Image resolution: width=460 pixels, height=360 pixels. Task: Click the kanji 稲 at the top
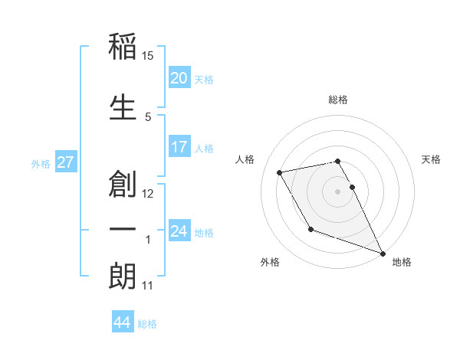point(123,47)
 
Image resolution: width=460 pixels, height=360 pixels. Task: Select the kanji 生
point(123,106)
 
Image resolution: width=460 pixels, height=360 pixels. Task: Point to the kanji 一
point(123,230)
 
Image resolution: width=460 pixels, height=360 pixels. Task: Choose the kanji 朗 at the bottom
point(123,277)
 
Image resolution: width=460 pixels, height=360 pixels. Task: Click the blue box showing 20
point(179,78)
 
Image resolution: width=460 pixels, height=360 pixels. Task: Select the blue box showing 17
point(179,147)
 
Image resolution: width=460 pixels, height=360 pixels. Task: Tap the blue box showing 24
point(179,231)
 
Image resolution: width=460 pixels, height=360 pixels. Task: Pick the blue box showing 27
point(65,162)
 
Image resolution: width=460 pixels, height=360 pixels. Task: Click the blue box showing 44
point(122,322)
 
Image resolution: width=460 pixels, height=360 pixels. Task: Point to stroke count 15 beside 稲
point(148,56)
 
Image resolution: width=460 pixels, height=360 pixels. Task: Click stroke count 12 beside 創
point(148,193)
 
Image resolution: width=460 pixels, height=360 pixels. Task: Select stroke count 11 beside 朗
point(148,286)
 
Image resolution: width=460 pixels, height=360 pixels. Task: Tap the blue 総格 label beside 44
point(147,324)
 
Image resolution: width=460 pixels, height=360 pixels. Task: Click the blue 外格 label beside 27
point(41,163)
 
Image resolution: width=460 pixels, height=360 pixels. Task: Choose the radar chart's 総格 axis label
point(337,100)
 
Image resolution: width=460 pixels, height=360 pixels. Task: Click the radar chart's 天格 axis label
point(431,159)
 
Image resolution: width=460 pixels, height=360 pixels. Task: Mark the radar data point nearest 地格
point(382,253)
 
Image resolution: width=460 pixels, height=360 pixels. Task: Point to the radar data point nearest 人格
point(280,172)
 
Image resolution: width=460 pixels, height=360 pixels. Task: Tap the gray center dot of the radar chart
point(337,191)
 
